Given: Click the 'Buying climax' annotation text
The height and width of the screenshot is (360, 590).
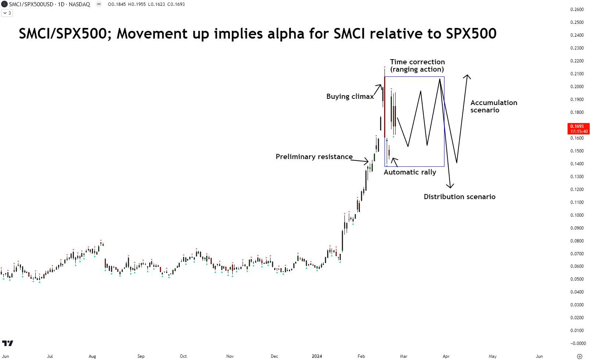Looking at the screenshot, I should click(x=350, y=97).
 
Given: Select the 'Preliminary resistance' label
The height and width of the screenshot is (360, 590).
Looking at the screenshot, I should click(x=314, y=157).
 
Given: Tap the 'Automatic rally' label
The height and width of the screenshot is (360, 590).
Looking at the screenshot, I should click(x=410, y=172).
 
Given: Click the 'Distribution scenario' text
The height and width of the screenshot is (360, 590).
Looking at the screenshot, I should click(x=460, y=197).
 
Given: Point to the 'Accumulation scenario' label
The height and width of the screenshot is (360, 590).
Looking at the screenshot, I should click(x=494, y=107).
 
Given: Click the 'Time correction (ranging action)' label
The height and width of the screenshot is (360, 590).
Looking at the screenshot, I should click(x=417, y=66).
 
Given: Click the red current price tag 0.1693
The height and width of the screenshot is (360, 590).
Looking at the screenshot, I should click(x=579, y=129).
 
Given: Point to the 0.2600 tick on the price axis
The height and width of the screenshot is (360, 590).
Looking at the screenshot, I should click(x=577, y=10).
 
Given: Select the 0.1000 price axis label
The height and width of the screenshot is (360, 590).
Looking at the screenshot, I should click(x=577, y=215).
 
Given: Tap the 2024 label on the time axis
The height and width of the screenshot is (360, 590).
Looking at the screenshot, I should click(x=317, y=356).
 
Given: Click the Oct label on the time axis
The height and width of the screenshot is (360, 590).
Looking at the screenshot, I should click(x=183, y=356).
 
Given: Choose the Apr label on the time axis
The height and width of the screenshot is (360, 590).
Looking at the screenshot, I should click(x=446, y=356).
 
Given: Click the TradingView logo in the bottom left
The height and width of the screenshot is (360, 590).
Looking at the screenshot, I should click(x=8, y=343).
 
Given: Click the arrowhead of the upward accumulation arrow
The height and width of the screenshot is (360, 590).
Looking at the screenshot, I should click(x=467, y=76).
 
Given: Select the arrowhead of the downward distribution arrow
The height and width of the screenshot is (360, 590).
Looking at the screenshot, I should click(x=450, y=186).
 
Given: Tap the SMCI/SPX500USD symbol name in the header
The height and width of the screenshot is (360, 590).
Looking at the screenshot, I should click(x=31, y=4).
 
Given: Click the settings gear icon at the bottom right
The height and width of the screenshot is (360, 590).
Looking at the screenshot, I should click(x=579, y=356).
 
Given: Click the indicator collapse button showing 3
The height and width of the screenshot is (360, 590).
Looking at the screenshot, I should click(x=7, y=13).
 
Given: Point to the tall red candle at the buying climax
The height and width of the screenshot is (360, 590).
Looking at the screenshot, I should click(x=385, y=107).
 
